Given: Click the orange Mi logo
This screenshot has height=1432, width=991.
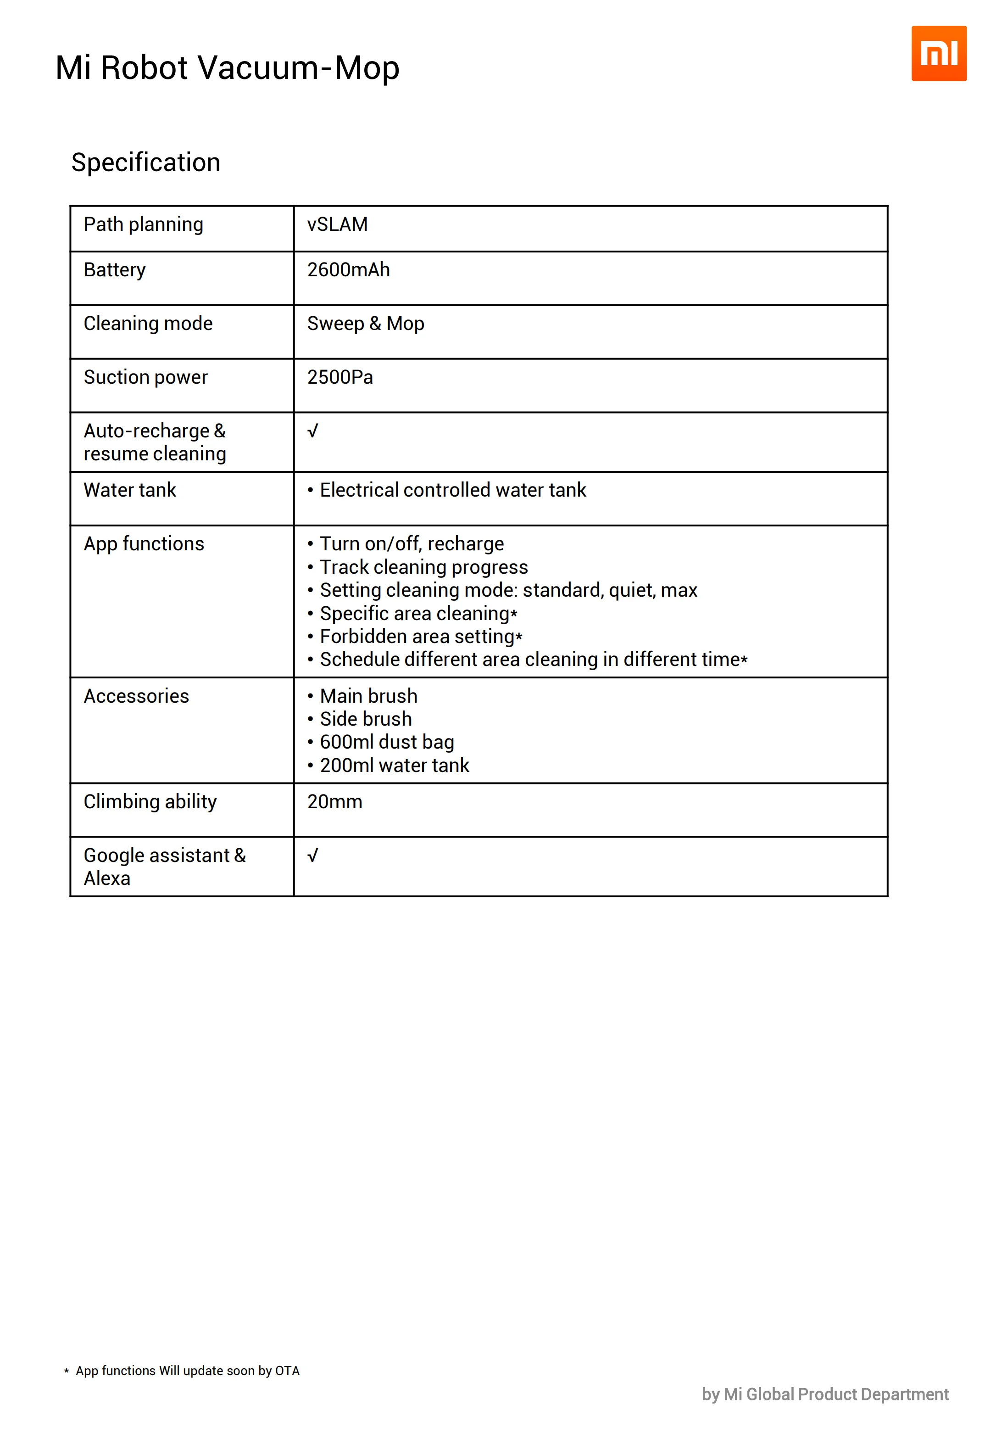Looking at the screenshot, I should pos(938,53).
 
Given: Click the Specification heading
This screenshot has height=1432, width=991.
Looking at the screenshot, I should pos(146,162).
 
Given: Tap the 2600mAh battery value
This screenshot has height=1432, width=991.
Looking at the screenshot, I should pos(348,270).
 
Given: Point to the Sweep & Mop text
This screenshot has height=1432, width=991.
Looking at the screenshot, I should pos(366,324).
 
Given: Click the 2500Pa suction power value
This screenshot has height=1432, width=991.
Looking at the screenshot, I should pos(340,378).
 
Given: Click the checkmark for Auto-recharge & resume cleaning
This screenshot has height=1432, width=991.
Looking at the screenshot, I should pos(313,431).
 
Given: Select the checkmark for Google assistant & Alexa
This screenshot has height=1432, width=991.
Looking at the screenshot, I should pos(313,856).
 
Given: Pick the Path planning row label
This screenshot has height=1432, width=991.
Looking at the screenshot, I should pos(144,224).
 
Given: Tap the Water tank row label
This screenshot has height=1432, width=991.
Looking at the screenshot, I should pos(130,490).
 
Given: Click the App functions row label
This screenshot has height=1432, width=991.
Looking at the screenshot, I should pos(144,544).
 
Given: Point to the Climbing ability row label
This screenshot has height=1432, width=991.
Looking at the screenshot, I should pos(150,802).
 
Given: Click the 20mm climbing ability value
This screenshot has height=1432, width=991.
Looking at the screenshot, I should pos(334,802).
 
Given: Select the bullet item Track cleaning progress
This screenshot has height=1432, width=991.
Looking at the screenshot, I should pos(423,567).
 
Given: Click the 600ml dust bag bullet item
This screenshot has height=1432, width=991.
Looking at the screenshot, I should pos(387,742).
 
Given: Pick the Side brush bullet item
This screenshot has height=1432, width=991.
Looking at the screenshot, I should pos(366,719).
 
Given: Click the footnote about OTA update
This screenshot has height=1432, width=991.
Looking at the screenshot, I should pos(187,1371).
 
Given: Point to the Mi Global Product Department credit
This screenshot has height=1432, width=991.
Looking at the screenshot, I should pos(825,1395).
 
